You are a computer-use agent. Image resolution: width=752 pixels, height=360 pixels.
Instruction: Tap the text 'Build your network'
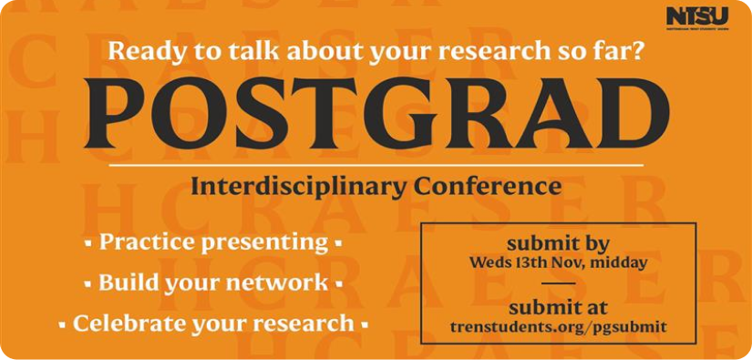213,283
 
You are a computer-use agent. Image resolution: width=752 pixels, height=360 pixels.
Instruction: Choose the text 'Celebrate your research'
213,324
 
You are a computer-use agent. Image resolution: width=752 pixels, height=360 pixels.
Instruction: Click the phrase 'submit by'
558,243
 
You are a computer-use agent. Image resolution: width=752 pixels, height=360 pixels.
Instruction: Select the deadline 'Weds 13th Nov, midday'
558,263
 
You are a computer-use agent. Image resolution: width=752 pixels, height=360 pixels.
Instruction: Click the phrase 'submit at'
558,306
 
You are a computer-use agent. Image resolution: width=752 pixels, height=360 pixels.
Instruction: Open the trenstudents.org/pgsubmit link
558,325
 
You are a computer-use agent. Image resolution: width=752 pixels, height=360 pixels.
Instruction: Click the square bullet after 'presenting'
338,244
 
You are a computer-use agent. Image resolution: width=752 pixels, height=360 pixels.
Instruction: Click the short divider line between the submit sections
558,284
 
